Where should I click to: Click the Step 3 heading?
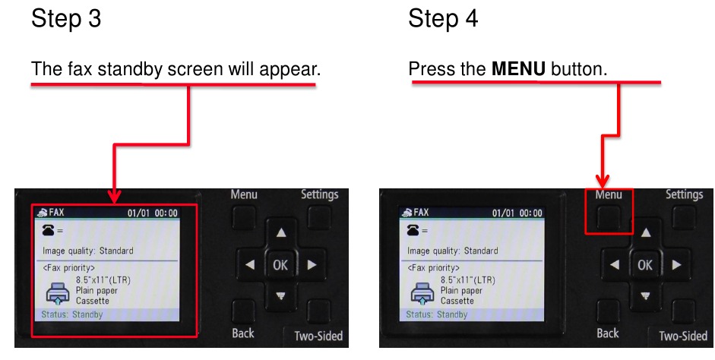coord(65,19)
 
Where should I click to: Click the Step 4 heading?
coord(443,19)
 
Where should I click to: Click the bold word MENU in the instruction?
coord(518,69)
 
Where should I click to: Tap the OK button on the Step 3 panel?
coord(280,265)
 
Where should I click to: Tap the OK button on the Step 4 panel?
coord(645,265)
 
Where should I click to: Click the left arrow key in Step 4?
coord(615,265)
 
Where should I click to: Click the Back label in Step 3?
coord(243,333)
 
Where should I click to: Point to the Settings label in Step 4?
coord(684,194)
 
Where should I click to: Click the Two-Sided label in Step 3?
coord(318,336)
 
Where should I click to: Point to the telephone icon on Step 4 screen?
coord(413,229)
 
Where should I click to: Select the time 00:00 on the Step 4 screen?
coord(531,213)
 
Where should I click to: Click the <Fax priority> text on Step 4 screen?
coord(434,267)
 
